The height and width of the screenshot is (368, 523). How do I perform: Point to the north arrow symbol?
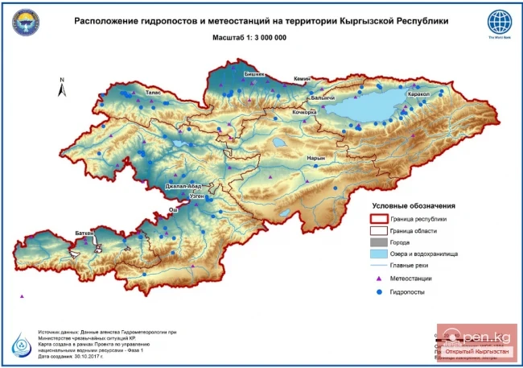(62, 87)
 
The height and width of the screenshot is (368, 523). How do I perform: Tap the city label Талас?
(154, 93)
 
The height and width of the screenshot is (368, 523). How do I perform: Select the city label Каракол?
(419, 94)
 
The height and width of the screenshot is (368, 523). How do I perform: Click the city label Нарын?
(316, 158)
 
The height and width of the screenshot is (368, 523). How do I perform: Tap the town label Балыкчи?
(322, 97)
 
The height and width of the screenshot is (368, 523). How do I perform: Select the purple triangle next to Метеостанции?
(377, 278)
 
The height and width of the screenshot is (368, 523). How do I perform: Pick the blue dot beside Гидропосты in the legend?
(377, 292)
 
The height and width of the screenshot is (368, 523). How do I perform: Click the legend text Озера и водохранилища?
(424, 253)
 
